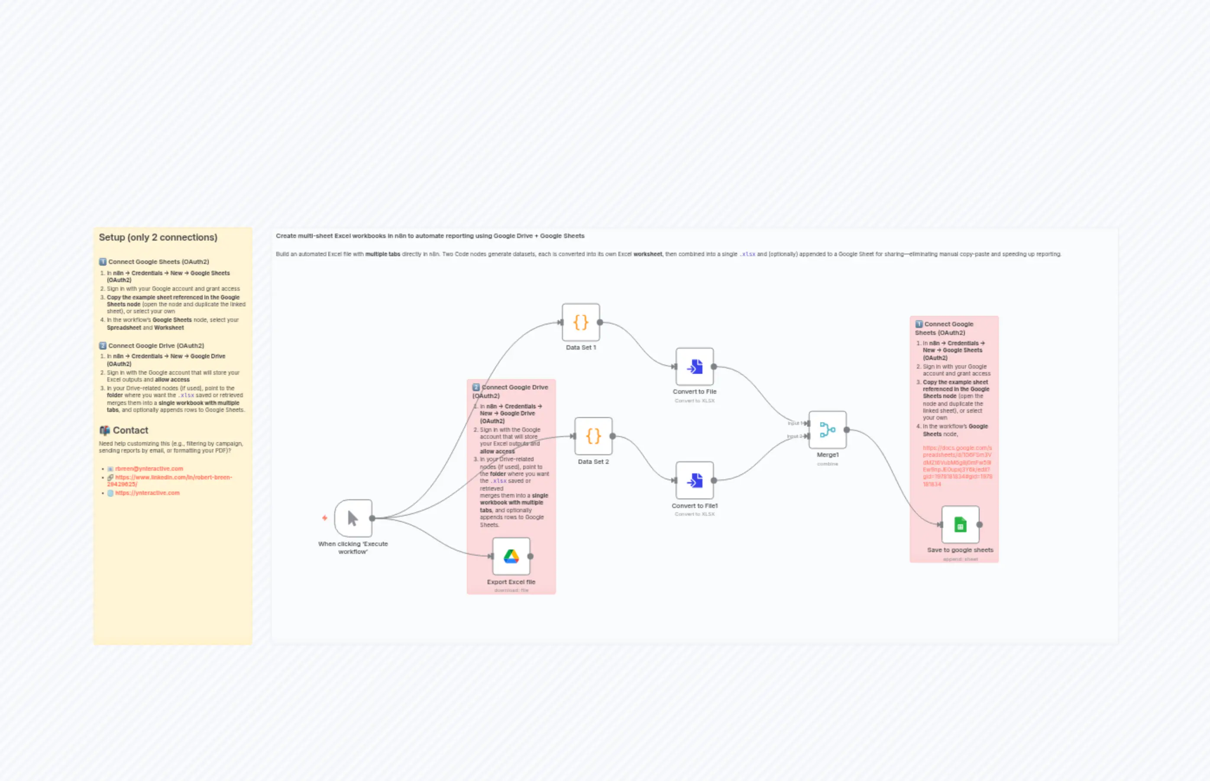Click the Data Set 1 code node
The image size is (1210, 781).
(581, 322)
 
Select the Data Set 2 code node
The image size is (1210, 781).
(593, 436)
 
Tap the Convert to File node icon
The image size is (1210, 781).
(694, 366)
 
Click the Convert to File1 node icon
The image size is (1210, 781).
(694, 480)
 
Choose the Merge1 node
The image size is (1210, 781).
(827, 430)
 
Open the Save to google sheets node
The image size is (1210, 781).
(960, 524)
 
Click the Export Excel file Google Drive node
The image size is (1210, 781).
(511, 556)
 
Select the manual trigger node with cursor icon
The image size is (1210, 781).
(353, 518)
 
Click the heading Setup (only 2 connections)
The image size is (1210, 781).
(158, 238)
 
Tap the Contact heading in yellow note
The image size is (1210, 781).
(130, 430)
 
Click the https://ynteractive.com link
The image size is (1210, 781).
(147, 493)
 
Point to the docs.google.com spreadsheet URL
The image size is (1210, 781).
(957, 466)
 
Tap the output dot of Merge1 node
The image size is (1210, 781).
(847, 430)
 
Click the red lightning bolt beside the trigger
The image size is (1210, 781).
(324, 518)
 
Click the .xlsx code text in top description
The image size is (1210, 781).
(747, 254)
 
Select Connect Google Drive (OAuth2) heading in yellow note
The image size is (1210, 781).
(156, 346)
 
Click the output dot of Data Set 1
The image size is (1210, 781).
(600, 322)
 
